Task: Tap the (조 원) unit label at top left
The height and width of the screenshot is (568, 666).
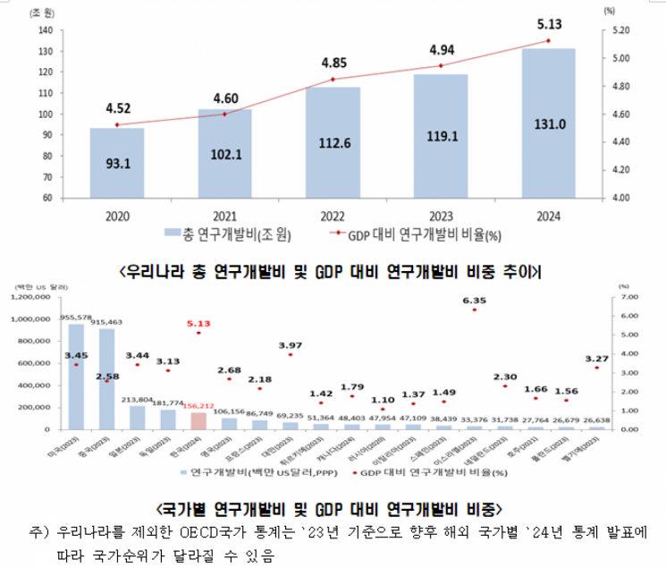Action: [x=41, y=12]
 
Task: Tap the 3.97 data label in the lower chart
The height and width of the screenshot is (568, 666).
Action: [x=290, y=344]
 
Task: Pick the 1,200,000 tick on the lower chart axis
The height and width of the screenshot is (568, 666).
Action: [x=42, y=296]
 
